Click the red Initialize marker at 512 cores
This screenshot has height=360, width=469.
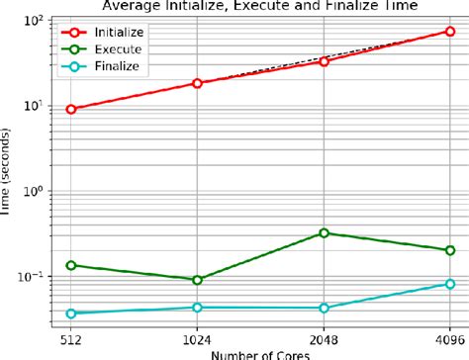[71, 109]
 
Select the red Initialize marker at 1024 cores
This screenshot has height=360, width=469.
[197, 83]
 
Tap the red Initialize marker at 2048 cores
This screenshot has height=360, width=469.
[324, 61]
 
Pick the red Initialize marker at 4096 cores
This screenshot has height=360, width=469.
[450, 32]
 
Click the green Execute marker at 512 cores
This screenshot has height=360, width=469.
[71, 265]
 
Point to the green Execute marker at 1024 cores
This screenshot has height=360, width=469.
[197, 280]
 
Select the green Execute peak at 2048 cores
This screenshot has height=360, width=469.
[324, 233]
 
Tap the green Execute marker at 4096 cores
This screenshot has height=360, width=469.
[450, 250]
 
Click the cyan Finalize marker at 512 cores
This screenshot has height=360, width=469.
[71, 314]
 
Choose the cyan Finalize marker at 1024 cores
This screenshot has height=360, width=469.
[197, 308]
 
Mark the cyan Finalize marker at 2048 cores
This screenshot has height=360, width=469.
[324, 308]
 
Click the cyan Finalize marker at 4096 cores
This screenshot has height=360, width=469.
[450, 284]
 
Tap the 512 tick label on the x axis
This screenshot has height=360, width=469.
[71, 335]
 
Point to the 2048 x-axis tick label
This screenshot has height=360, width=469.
[324, 335]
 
